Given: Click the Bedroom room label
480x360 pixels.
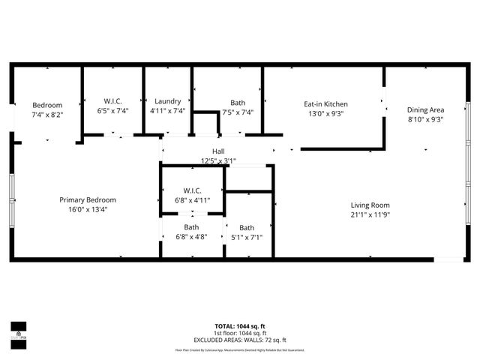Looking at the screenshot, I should coord(46,105).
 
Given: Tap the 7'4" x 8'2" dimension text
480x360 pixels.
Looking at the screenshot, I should coord(46,115).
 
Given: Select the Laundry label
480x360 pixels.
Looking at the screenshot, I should coord(167,101).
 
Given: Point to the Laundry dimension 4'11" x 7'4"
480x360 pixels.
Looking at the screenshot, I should coord(167,111).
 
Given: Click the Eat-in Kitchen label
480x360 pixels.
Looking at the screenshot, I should coord(325,104).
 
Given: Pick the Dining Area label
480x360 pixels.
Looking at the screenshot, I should coord(425,109).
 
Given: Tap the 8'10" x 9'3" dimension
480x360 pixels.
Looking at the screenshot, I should coord(425,118).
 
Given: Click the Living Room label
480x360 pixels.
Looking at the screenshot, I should coord(370,205).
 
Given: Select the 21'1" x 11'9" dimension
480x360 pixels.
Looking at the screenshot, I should coord(370,214).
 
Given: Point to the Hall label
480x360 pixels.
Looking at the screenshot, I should coord(218,151).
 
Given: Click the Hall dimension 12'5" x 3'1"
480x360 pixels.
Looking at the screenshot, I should coord(218,160).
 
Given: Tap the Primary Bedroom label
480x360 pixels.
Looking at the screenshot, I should coord(88,199).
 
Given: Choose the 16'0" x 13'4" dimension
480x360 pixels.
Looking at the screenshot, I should coord(88,209).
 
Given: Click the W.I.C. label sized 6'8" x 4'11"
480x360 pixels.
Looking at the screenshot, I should coord(191,190).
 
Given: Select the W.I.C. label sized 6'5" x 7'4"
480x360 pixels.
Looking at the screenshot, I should coord(113,101).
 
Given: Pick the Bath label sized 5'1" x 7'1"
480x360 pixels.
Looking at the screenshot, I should coord(247,228).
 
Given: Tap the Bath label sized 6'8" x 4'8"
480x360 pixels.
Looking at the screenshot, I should coord(191,227).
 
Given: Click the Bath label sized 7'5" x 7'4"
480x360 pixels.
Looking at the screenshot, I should coord(238,102).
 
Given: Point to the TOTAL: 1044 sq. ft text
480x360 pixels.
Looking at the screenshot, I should coord(240,326).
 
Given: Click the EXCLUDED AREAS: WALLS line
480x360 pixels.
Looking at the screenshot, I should coord(240,339).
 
